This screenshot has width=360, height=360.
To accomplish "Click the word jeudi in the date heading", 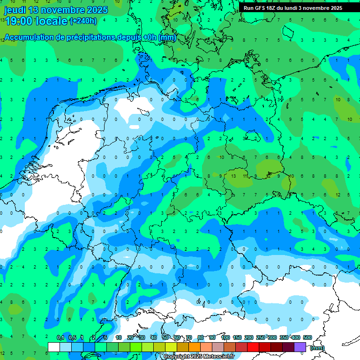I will point(16,10).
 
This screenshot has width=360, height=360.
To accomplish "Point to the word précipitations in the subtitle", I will point(90,37).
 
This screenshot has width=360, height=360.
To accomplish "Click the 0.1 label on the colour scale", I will point(60,338).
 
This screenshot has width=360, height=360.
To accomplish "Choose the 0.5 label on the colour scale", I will point(72,338).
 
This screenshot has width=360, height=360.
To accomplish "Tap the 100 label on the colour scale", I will point(225,338).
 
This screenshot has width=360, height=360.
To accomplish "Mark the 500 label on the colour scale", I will point(307,338).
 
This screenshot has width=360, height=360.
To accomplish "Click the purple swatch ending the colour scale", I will point(300,347).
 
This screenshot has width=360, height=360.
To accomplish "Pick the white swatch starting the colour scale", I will point(54,347).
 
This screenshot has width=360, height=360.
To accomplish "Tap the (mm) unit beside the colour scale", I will point(317,348).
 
